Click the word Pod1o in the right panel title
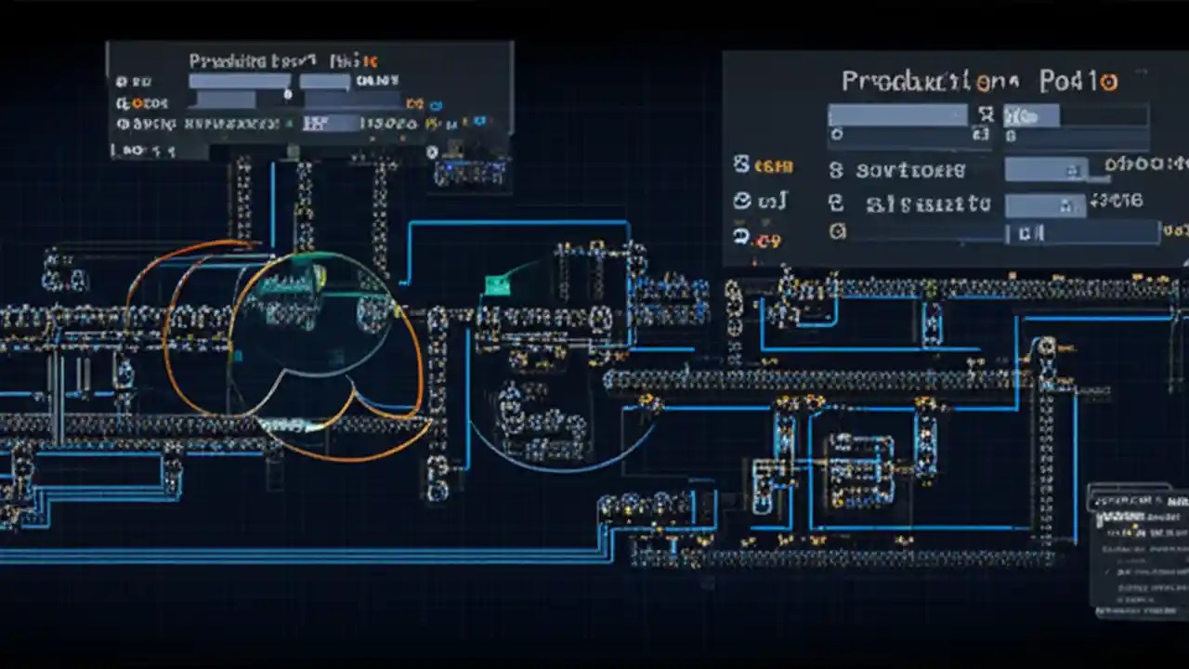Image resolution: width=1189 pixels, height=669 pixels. [x=1078, y=82]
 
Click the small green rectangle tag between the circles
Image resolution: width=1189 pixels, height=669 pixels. [x=497, y=284]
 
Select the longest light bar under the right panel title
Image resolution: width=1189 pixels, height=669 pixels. [x=897, y=115]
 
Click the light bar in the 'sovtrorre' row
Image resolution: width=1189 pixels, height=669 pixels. [x=1047, y=169]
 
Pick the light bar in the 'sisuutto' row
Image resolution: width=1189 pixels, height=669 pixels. [x=1045, y=203]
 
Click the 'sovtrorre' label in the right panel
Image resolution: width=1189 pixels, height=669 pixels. [x=910, y=171]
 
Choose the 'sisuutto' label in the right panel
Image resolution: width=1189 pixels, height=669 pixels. [x=927, y=204]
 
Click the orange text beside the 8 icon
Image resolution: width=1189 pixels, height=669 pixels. [x=773, y=167]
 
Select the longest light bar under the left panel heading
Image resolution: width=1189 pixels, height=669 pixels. [x=240, y=82]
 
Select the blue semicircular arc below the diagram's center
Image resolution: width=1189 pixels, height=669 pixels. [x=557, y=455]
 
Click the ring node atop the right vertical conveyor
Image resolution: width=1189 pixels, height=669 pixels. [x=1047, y=348]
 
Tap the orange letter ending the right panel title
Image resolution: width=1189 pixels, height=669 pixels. [x=1108, y=82]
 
